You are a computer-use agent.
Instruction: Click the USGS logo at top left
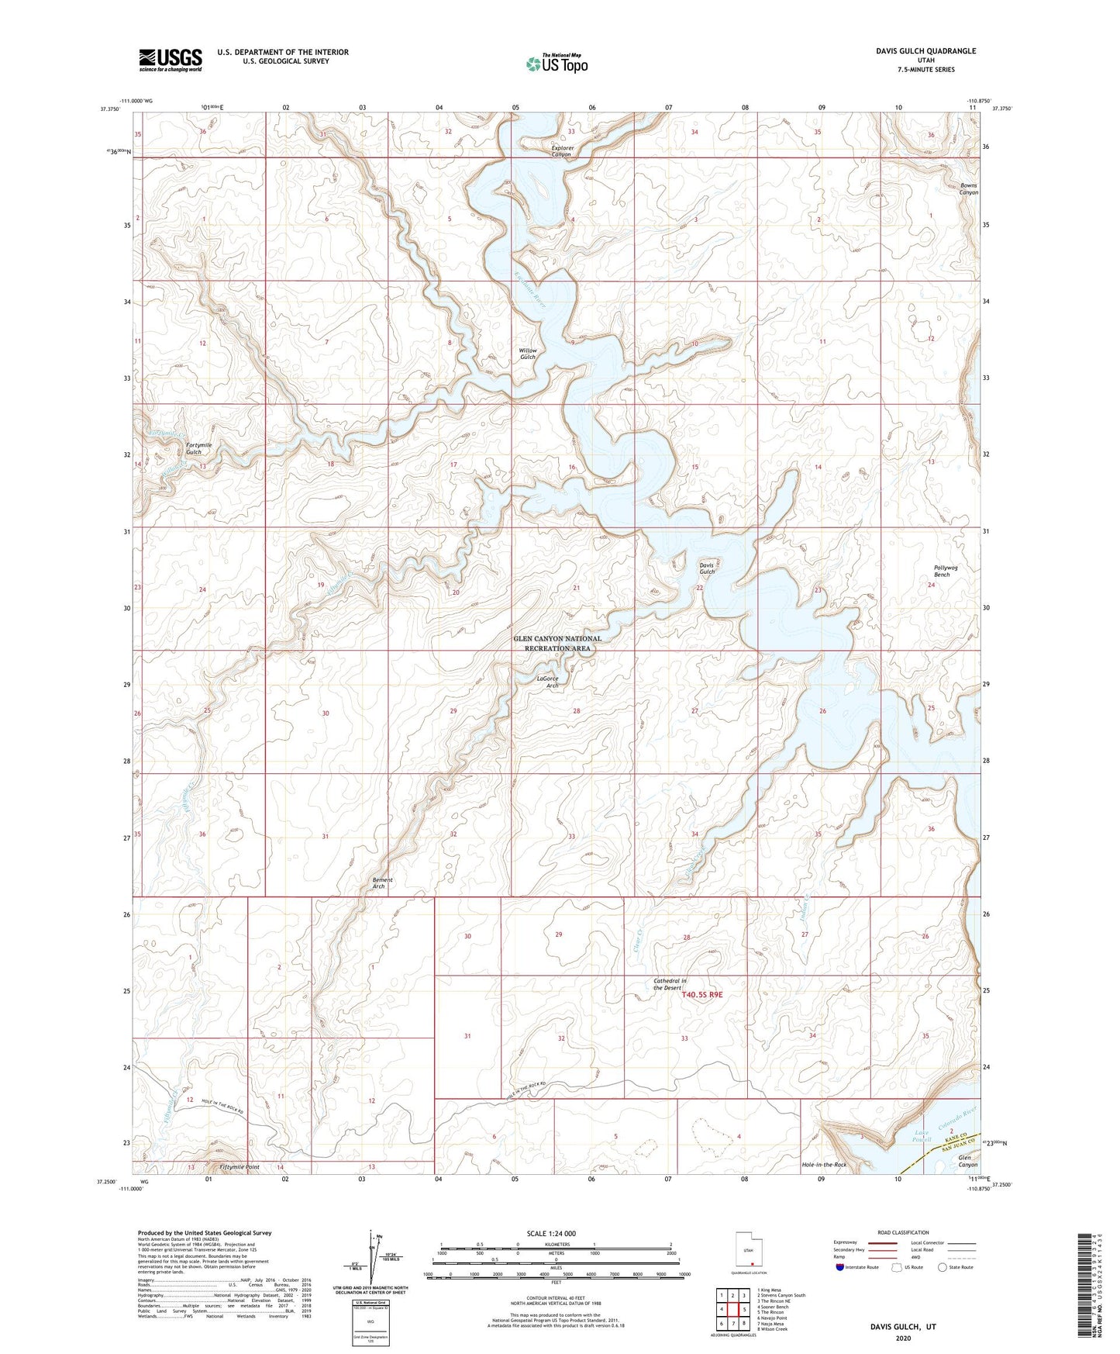[x=171, y=60]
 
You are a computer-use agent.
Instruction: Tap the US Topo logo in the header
[x=557, y=63]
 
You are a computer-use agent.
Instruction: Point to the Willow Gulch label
[x=528, y=354]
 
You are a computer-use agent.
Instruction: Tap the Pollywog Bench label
[x=946, y=571]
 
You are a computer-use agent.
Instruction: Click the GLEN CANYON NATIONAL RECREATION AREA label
[x=557, y=643]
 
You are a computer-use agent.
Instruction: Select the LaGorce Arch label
[x=547, y=682]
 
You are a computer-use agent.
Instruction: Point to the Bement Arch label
[x=382, y=883]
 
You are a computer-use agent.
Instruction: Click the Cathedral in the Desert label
[x=670, y=984]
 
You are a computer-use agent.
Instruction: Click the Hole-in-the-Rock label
[x=824, y=1165]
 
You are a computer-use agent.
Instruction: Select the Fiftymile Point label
[x=240, y=1166]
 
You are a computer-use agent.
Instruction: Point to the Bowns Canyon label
[x=969, y=189]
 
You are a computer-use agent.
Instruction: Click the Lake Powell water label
[x=922, y=1136]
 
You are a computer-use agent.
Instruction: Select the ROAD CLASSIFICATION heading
[x=903, y=1232]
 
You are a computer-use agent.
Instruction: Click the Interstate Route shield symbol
[x=840, y=1267]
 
